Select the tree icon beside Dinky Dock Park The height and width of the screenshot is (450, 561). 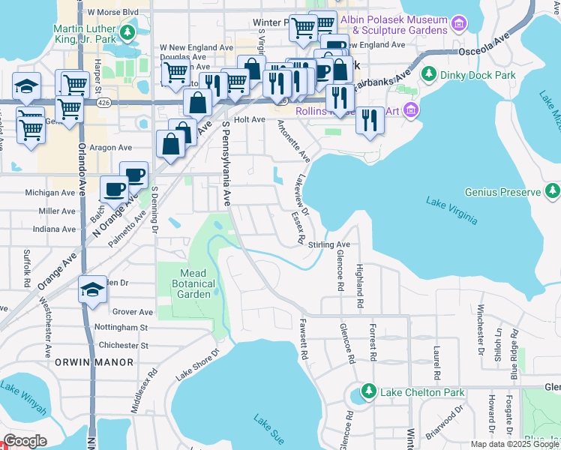coord(430,74)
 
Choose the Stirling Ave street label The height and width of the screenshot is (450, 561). coord(329,244)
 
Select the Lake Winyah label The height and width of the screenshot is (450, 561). coord(23,397)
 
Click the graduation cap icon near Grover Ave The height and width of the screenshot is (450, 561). coord(92,290)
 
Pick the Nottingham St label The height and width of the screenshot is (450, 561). coord(121,328)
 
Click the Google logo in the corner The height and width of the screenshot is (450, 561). coord(25,441)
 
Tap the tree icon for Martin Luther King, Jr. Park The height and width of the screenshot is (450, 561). coord(127,32)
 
